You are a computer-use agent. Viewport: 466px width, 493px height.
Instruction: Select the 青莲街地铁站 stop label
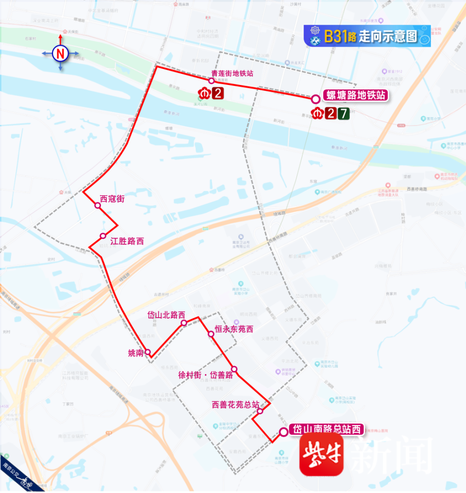point(233,73)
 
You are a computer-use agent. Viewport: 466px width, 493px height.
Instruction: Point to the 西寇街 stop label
point(112,199)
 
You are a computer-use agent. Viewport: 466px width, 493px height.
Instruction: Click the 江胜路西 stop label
point(127,241)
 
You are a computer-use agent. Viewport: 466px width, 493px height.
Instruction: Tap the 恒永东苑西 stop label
point(234,329)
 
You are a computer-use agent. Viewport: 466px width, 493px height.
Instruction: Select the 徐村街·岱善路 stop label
point(206,375)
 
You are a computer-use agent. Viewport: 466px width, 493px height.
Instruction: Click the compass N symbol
point(61,53)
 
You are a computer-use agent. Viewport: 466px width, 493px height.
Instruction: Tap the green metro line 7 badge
point(343,114)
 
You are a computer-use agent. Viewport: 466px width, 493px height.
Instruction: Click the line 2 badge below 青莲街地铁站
point(218,93)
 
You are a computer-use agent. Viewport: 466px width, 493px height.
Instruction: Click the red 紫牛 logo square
point(321,455)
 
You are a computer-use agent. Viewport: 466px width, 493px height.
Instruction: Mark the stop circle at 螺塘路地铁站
point(316,99)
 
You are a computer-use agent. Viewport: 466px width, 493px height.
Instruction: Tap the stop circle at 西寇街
point(98,205)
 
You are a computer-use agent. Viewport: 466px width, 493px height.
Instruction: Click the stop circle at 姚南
point(148,352)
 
